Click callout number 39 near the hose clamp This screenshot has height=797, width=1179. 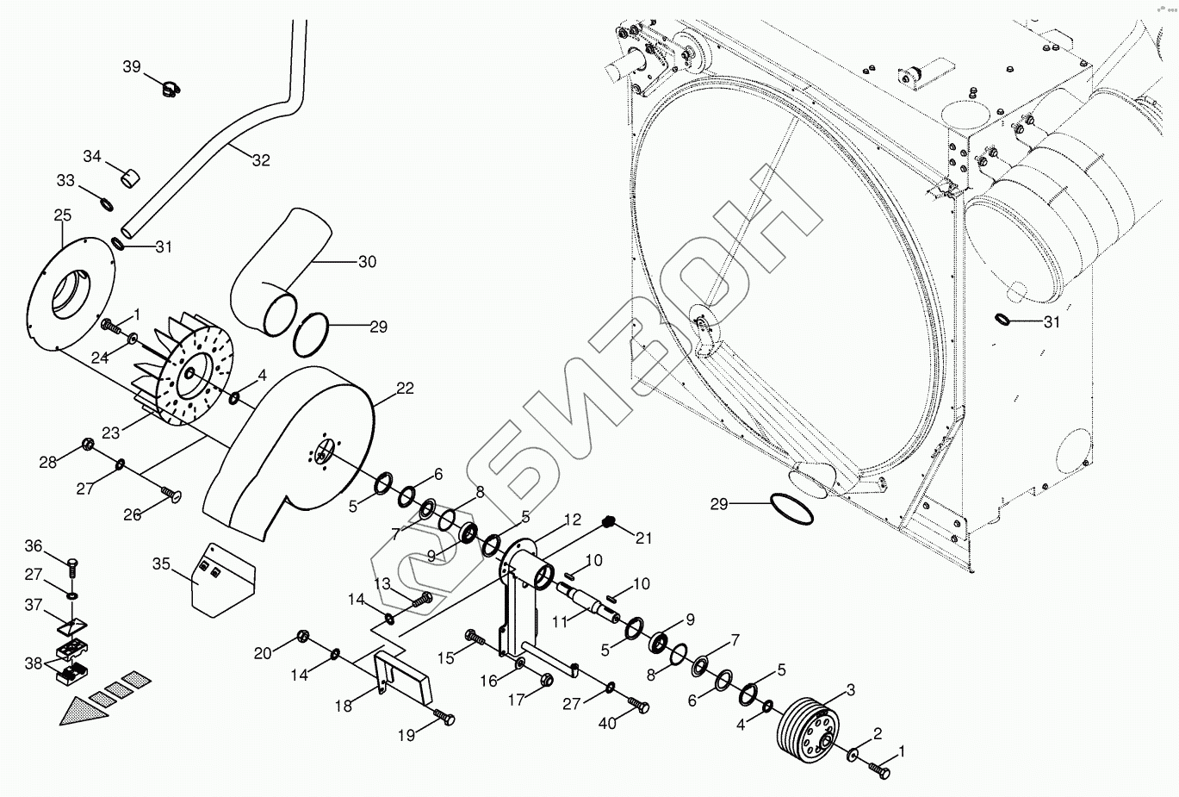pos(131,66)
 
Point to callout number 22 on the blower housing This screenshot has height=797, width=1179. pos(405,389)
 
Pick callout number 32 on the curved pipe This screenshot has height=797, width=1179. pos(261,159)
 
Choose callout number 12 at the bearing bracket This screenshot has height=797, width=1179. pos(573,520)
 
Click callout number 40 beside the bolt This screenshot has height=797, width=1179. pos(608,723)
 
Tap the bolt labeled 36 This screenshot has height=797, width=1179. pos(72,564)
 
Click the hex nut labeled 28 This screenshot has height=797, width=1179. pos(88,445)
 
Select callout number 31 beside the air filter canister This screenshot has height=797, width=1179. pos(1052,322)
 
